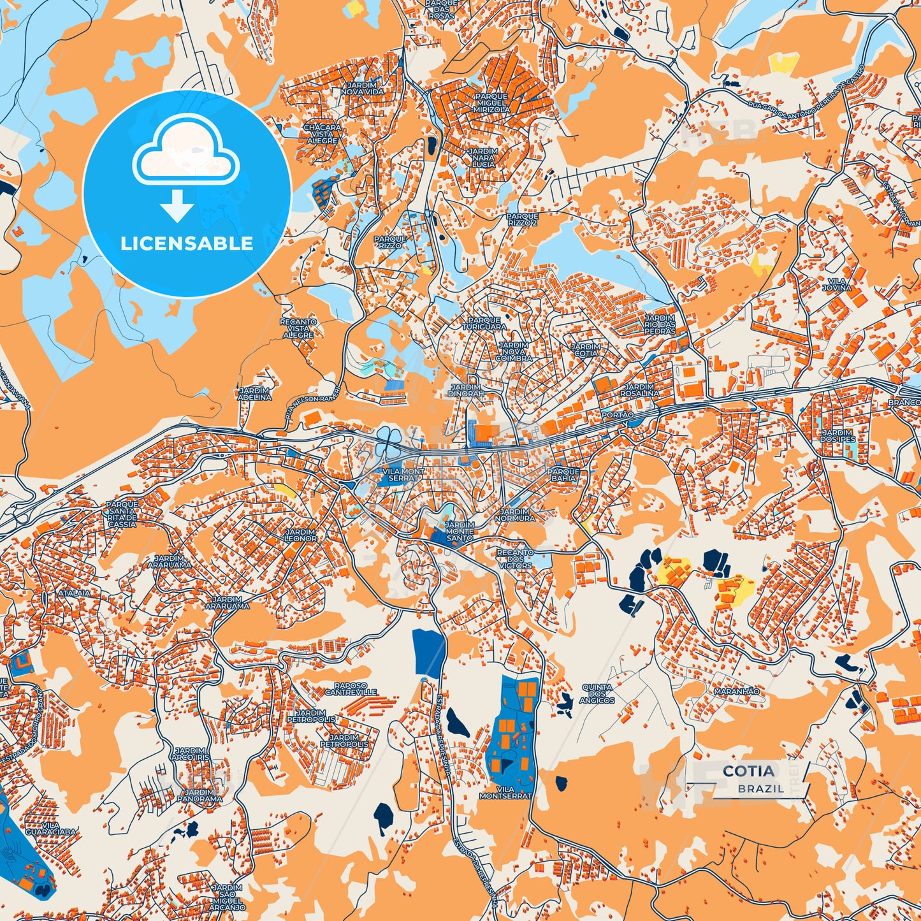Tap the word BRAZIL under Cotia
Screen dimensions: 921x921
coord(761,788)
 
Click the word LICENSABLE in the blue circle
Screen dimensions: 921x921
coord(187,243)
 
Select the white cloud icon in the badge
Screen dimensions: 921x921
coord(185,153)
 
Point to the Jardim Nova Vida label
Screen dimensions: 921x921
coord(362,88)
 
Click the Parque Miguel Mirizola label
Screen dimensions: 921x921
coord(491,103)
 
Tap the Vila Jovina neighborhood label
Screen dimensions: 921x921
coord(839,284)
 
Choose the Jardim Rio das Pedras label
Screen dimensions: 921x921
coord(660,324)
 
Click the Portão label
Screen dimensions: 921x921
coord(617,415)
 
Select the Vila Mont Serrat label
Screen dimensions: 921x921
coord(403,474)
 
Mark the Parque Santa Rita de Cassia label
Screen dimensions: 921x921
coord(122,514)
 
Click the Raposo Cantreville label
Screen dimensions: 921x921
coord(351,688)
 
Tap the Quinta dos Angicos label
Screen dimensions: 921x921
coord(597,694)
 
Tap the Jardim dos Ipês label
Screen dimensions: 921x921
coord(838,435)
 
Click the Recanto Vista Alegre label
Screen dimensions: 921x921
coord(298,328)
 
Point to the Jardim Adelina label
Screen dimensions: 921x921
coord(254,393)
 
